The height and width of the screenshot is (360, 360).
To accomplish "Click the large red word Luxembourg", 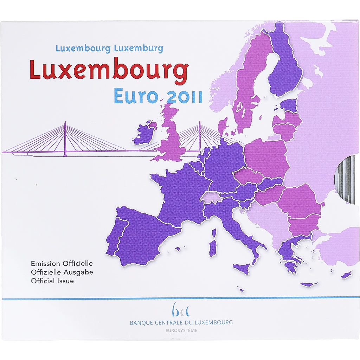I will (109, 70).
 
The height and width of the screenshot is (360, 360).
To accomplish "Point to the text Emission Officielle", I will (62, 263).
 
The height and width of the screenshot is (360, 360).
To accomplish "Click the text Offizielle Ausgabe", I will (62, 272).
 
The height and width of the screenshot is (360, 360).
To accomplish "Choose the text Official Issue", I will (52, 281).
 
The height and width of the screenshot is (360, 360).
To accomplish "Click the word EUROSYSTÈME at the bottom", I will (181, 330).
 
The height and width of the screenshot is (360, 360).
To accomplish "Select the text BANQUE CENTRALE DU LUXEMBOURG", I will (181, 322).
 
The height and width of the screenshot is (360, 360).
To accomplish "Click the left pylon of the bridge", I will (65, 139).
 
